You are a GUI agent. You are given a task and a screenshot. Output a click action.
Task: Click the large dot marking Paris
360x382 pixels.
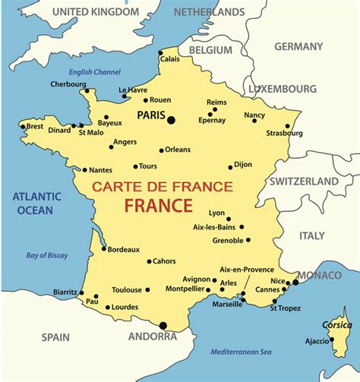(x=171, y=119)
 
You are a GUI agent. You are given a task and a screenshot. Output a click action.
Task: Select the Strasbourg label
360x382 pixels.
(x=284, y=134)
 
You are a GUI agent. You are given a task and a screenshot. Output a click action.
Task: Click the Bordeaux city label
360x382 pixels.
(x=124, y=249)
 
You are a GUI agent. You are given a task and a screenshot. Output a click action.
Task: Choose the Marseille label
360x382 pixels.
(x=227, y=305)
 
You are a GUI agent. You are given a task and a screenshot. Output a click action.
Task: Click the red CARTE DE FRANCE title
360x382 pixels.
(x=162, y=187)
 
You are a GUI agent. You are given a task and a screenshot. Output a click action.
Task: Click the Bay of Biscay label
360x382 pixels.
(x=47, y=255)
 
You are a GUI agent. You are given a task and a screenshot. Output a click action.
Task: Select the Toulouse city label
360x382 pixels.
(x=126, y=289)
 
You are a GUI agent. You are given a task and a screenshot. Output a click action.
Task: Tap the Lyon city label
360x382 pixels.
(x=217, y=213)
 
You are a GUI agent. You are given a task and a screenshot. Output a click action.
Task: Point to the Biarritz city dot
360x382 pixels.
(x=81, y=292)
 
